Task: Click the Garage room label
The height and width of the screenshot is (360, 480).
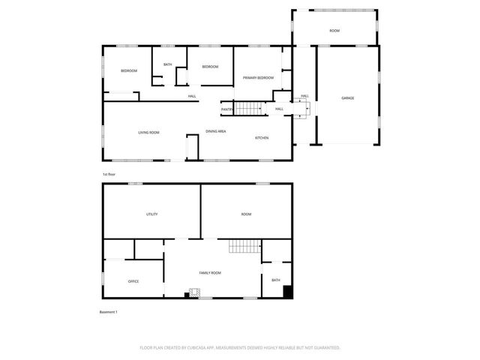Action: click(348, 98)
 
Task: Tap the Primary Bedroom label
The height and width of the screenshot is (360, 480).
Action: click(258, 78)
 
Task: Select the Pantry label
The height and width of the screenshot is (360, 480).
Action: click(226, 109)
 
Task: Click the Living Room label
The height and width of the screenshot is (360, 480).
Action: click(148, 133)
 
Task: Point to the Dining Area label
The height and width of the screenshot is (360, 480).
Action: click(216, 131)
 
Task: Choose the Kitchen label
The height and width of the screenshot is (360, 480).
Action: click(262, 138)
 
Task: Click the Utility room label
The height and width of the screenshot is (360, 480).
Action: click(151, 214)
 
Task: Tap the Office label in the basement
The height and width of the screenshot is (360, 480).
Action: click(133, 281)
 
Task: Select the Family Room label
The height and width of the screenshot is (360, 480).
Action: click(210, 273)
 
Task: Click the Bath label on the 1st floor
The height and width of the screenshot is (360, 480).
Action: click(167, 64)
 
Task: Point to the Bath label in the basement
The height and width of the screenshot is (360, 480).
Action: click(276, 280)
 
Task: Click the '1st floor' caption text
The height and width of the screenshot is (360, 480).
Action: click(109, 174)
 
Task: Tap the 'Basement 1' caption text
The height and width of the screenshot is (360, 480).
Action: click(109, 312)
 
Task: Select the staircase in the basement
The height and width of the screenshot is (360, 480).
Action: click(244, 246)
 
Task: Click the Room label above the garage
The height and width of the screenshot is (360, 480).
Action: click(334, 31)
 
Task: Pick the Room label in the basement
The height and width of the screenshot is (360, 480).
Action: click(246, 214)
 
